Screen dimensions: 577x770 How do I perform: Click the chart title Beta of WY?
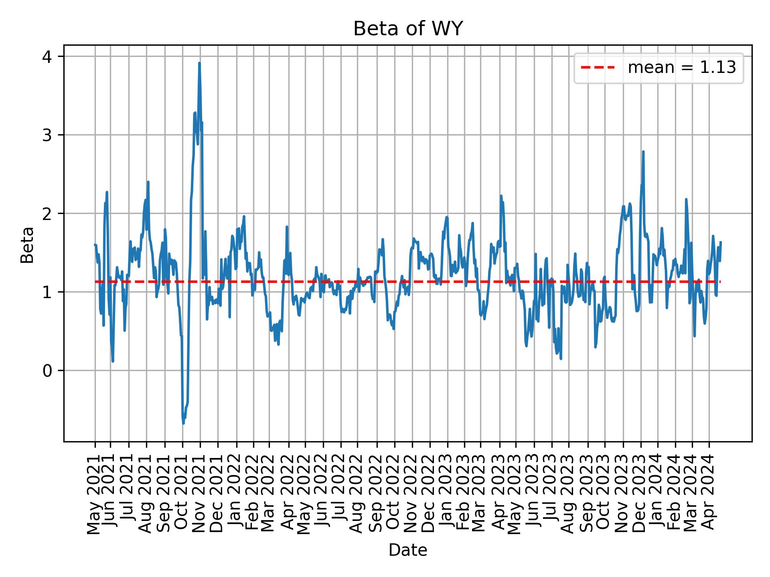(407, 29)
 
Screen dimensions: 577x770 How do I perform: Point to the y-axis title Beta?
(27, 245)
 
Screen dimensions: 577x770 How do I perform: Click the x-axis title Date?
(407, 550)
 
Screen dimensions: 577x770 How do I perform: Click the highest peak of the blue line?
(199, 63)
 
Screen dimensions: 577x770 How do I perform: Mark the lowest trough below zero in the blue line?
(183, 423)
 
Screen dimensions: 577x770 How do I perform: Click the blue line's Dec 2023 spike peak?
(643, 151)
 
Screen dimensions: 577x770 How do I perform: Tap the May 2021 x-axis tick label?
(95, 495)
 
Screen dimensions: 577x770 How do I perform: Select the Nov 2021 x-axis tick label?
(199, 495)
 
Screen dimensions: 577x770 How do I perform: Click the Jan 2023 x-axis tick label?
(447, 495)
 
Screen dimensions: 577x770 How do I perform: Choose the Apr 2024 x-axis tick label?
(709, 495)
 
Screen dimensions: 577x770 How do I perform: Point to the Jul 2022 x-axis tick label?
(341, 495)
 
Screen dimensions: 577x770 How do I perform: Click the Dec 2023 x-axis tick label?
(640, 495)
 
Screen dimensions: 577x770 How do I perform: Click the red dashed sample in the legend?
(598, 68)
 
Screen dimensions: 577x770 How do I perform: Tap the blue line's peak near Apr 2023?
(501, 196)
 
